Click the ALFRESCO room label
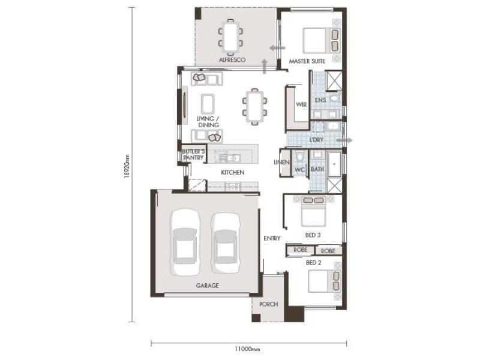coord(232,59)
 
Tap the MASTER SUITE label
coord(307,61)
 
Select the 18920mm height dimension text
coord(127,166)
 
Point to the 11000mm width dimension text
coord(247,349)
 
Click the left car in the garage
coord(185,242)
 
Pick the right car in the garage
coord(226,244)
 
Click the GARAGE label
coord(207,286)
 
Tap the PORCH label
coord(268,304)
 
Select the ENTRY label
coord(272,238)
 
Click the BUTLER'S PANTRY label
coord(193,155)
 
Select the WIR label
coord(301,104)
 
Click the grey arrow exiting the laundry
coord(344,140)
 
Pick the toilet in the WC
coord(299,157)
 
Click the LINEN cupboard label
coord(281,162)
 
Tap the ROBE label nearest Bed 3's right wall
coord(328,251)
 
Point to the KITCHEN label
coord(233,173)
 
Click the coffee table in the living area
coord(208,104)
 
